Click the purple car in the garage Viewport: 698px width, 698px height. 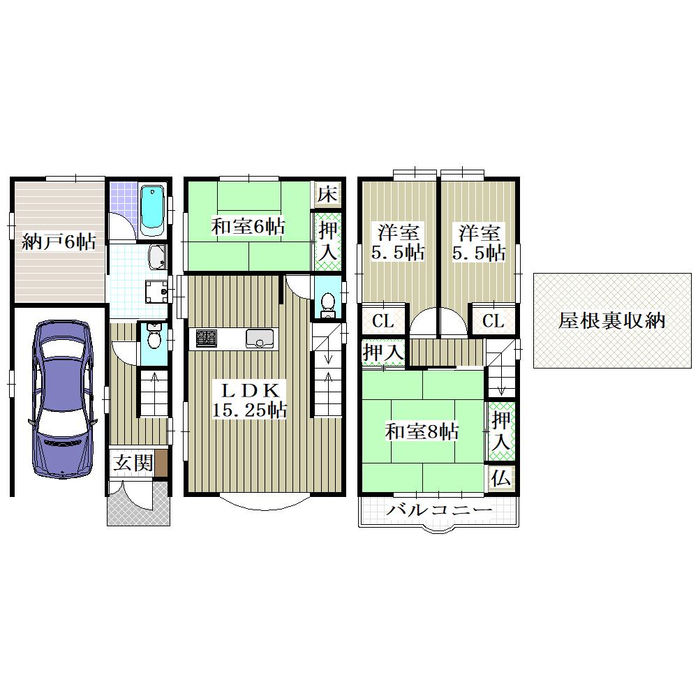pos(62,400)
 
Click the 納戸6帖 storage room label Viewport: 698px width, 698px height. pos(59,242)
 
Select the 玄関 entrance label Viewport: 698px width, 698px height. pos(133,463)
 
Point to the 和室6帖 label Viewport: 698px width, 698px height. pos(248,227)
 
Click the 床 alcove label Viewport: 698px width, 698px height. pos(327,193)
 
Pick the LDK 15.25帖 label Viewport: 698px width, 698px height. pos(249,400)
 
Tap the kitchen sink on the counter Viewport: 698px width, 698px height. pos(261,339)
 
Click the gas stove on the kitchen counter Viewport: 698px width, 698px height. pos(205,339)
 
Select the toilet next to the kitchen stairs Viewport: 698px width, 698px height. pos(328,302)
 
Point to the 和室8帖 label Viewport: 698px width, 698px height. pos(422,431)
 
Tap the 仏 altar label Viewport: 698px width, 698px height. pos(500,479)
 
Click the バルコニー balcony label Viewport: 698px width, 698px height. pos(439,510)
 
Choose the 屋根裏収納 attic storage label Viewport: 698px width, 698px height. pos(611,320)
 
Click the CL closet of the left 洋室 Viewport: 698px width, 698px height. pos(383,320)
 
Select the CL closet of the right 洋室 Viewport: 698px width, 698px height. pos(493,320)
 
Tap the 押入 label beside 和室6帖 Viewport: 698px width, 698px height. pos(329,242)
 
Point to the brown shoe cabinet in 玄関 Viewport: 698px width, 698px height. pos(161,463)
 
